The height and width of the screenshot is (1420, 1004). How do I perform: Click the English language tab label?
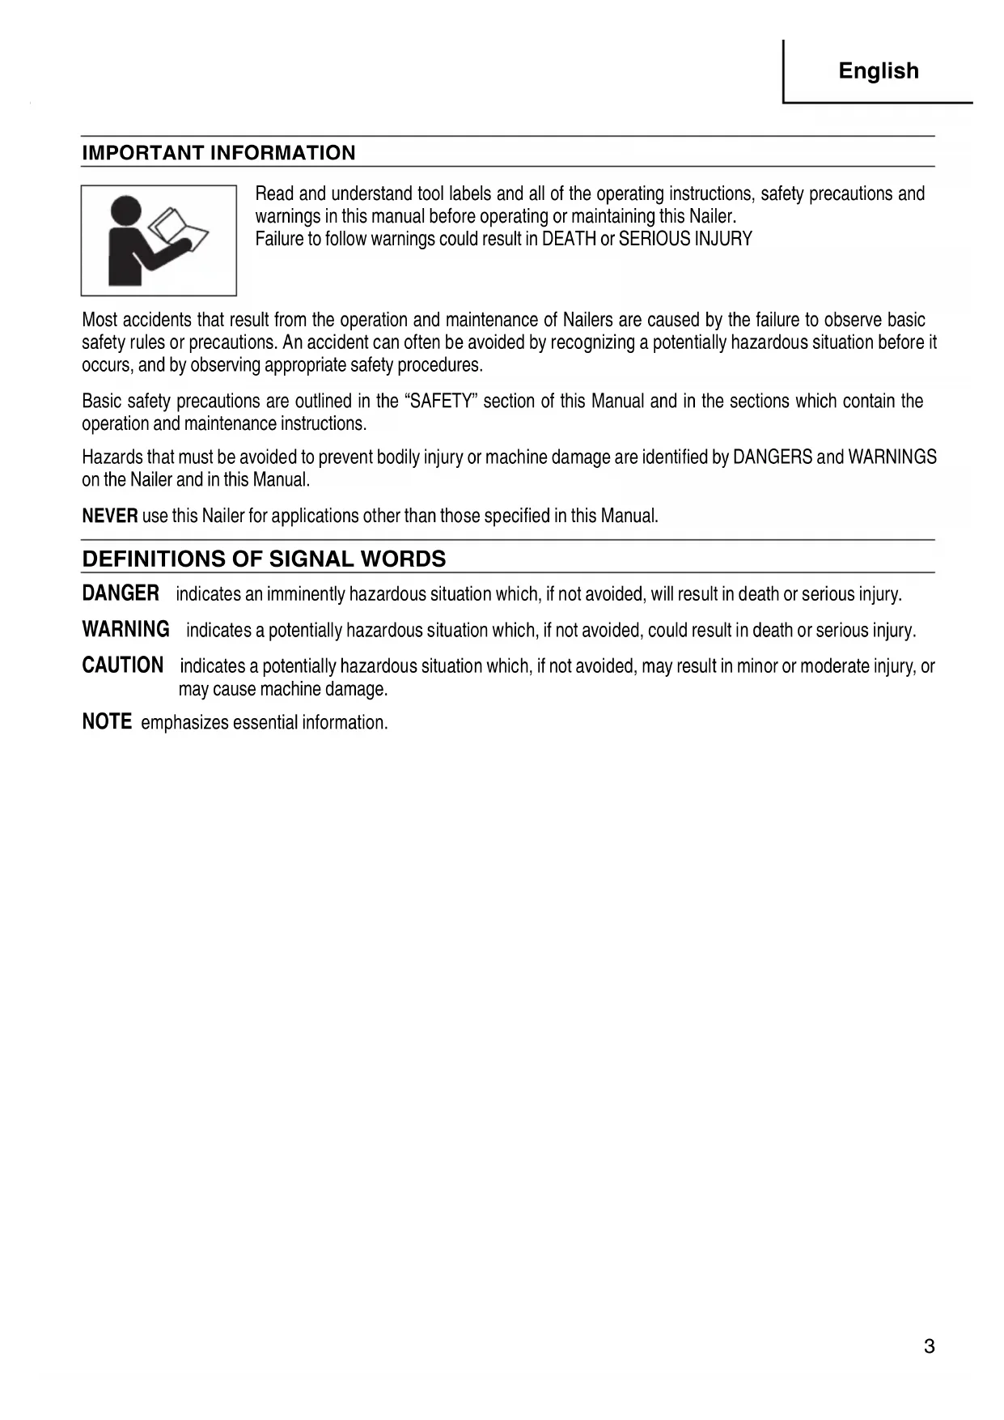879,71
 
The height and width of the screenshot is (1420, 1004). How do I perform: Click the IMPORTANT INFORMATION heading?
218,153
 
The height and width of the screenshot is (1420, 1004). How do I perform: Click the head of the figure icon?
125,211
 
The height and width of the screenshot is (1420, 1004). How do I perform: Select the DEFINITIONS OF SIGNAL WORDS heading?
264,559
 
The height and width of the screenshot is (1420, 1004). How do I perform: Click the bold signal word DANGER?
121,593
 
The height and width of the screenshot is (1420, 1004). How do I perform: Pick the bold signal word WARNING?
125,629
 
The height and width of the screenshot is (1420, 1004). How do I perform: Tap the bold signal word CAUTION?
122,665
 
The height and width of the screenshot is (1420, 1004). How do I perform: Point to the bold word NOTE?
107,721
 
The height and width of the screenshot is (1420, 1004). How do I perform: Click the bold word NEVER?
110,516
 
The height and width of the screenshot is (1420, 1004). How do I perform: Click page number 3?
929,1346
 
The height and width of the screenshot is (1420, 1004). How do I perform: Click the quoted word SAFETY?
441,402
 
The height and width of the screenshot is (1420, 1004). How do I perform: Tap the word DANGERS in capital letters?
772,457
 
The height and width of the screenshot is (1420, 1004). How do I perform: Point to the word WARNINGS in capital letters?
892,457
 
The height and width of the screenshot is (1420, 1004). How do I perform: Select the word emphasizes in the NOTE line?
184,722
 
